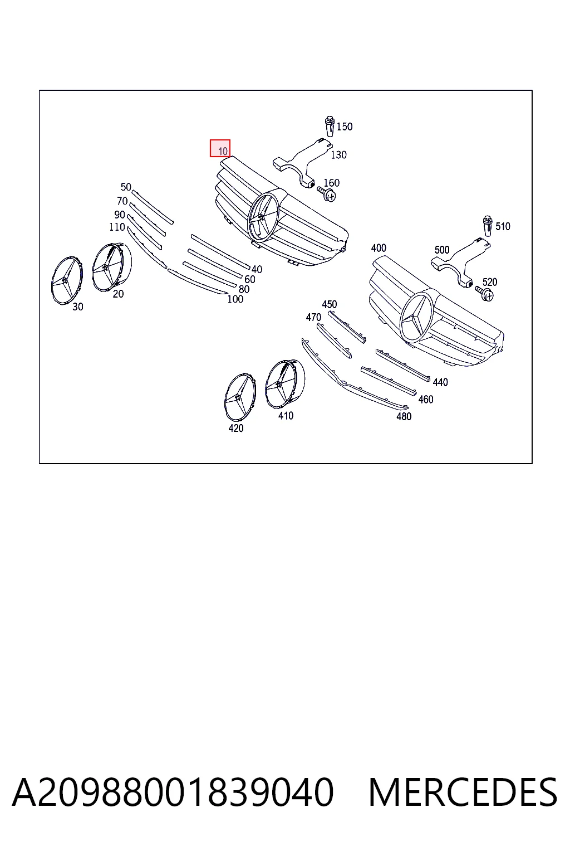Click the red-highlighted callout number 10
[223, 151]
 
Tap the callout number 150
[345, 127]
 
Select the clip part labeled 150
[330, 126]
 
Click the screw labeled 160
[327, 193]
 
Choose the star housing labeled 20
[111, 266]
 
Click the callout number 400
[379, 248]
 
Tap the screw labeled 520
[484, 293]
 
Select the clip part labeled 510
[488, 226]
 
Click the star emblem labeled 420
[240, 397]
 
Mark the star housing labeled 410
[285, 384]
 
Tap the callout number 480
[404, 416]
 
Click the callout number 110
[117, 227]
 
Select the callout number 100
[235, 299]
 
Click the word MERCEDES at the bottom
[463, 792]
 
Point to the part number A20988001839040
[173, 792]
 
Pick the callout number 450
[330, 304]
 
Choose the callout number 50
[126, 187]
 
